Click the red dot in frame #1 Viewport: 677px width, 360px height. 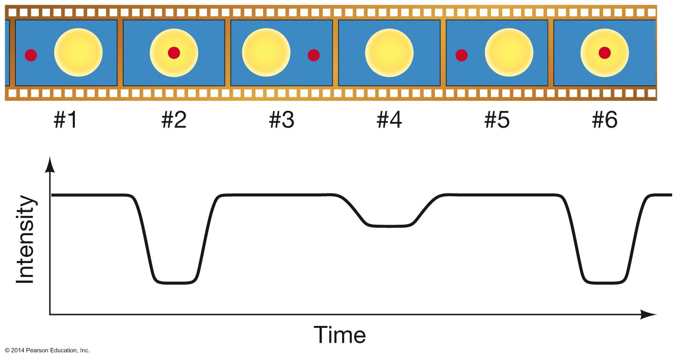click(x=31, y=55)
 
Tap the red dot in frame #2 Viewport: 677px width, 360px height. click(x=174, y=53)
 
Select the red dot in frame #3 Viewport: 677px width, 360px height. click(x=314, y=55)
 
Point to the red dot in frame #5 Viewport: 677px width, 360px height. click(x=462, y=55)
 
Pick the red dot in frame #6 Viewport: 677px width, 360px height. click(x=605, y=53)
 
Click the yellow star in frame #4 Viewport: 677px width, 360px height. click(x=389, y=53)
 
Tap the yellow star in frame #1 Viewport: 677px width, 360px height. click(x=78, y=52)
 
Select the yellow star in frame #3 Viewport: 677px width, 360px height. click(x=266, y=52)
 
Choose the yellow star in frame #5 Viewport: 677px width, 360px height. click(x=509, y=52)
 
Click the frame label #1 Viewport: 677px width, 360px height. click(x=66, y=120)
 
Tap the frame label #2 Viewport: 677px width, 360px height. click(x=174, y=120)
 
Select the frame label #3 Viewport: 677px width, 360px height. click(x=281, y=120)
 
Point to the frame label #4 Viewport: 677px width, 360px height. click(x=389, y=120)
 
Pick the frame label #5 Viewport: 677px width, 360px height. click(x=497, y=120)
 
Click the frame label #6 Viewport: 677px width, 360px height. click(x=605, y=120)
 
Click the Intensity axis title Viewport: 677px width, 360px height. click(x=25, y=240)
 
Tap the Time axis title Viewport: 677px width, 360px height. click(x=340, y=335)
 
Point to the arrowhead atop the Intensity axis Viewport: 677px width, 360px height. click(x=50, y=165)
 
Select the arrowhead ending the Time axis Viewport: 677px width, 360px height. click(x=648, y=314)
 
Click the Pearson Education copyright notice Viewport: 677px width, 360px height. click(x=48, y=350)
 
